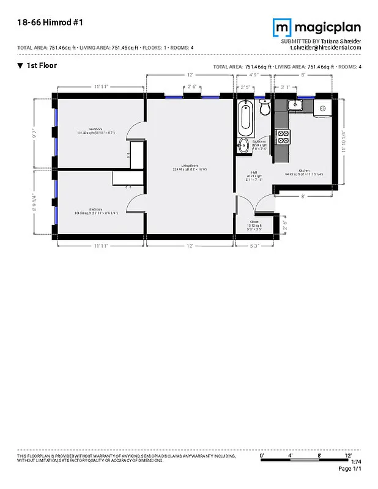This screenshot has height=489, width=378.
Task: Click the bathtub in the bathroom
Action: pyautogui.click(x=245, y=117)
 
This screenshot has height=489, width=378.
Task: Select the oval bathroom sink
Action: pyautogui.click(x=243, y=145)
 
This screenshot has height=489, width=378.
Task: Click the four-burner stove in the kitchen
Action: pyautogui.click(x=283, y=137)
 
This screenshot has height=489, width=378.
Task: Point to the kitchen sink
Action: pyautogui.click(x=295, y=105)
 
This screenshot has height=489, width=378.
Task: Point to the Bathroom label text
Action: pyautogui.click(x=258, y=142)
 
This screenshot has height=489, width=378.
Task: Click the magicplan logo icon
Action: pyautogui.click(x=281, y=28)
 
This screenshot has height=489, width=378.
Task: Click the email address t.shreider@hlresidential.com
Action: pyautogui.click(x=325, y=47)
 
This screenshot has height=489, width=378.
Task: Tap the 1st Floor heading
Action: pyautogui.click(x=41, y=65)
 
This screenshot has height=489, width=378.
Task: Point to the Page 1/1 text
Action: pyautogui.click(x=350, y=469)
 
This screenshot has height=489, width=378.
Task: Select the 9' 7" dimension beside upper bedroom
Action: pyautogui.click(x=42, y=132)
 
